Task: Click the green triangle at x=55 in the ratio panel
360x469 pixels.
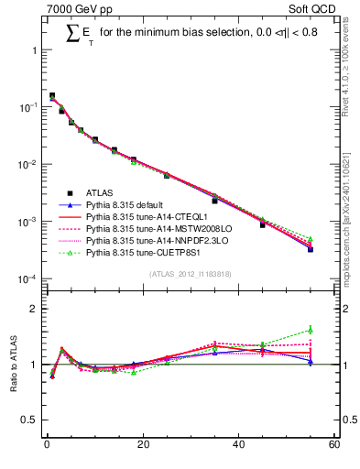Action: coord(311,330)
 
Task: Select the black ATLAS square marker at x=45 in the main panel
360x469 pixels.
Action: coord(263,224)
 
